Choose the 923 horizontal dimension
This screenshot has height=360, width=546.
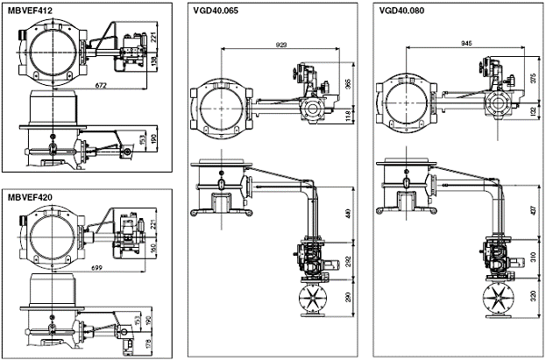point(281,43)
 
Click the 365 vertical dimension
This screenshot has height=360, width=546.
point(349,83)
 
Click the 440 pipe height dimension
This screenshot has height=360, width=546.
point(349,215)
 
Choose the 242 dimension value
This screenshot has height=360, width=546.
point(349,261)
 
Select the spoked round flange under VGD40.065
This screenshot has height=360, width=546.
point(313,299)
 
